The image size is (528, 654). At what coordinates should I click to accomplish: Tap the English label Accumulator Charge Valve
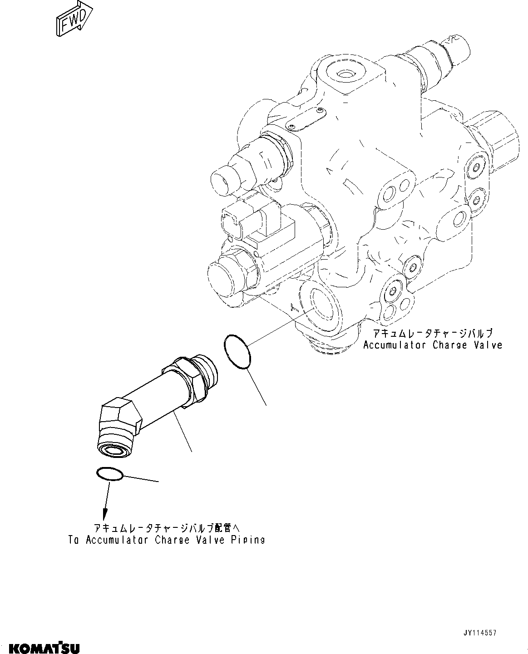coord(433,345)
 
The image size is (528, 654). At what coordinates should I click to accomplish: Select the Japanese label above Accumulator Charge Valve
coord(432,334)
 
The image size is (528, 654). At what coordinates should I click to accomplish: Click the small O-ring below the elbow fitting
coord(109,474)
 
